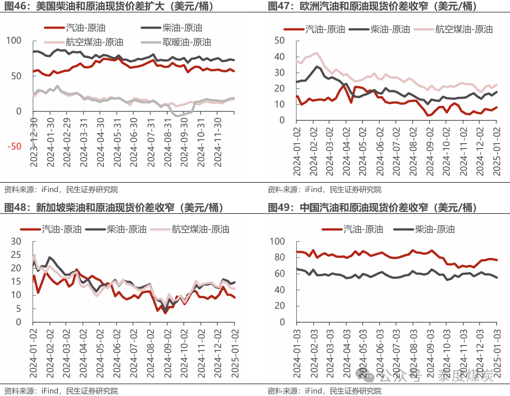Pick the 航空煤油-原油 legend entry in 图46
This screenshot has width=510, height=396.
tap(94, 42)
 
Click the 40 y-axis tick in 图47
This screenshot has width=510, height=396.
tap(280, 57)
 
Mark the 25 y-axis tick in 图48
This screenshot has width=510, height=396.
tap(17, 255)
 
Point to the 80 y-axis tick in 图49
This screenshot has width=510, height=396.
tap(278, 257)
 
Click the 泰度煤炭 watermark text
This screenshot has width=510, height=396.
tap(465, 377)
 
